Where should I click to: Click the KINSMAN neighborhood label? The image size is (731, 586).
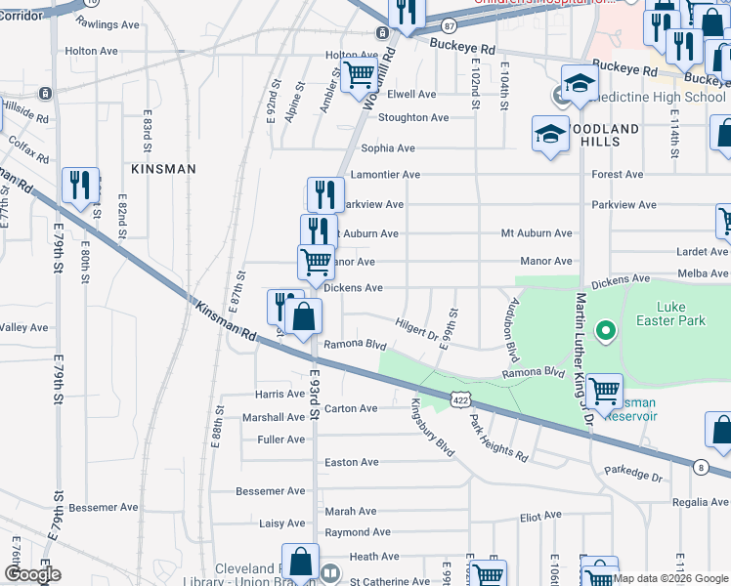pyautogui.click(x=163, y=169)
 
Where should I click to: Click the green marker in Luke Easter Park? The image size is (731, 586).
pyautogui.click(x=605, y=332)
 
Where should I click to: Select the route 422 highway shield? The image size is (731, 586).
pyautogui.click(x=461, y=398)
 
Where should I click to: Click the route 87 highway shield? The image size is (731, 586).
pyautogui.click(x=448, y=25)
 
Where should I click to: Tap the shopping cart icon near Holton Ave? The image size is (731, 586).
pyautogui.click(x=360, y=73)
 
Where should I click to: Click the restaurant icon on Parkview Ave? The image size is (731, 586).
pyautogui.click(x=325, y=193)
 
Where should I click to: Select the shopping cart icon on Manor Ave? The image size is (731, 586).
pyautogui.click(x=316, y=262)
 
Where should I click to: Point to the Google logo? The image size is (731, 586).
pyautogui.click(x=32, y=574)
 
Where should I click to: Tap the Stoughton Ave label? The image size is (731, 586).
pyautogui.click(x=412, y=118)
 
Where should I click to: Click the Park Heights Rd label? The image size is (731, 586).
pyautogui.click(x=497, y=439)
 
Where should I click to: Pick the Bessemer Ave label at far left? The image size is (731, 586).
pyautogui.click(x=104, y=508)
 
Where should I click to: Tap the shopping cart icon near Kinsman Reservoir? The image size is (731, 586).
pyautogui.click(x=604, y=392)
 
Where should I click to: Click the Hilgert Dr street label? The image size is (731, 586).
pyautogui.click(x=417, y=328)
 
